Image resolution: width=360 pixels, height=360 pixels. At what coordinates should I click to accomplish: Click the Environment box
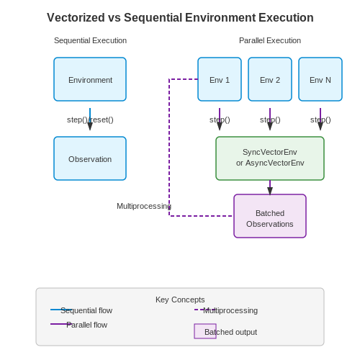(x=90, y=79)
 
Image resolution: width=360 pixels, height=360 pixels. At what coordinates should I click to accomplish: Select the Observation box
(x=90, y=158)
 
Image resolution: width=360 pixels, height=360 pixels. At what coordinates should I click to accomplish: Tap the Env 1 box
(x=220, y=79)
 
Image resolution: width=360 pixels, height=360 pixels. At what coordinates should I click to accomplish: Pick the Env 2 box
(x=270, y=79)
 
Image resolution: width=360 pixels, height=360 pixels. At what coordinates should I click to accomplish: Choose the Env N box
(x=320, y=79)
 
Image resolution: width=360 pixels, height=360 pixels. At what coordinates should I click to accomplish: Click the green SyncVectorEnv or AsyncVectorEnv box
(x=270, y=158)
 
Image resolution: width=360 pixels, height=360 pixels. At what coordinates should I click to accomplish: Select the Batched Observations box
(x=270, y=216)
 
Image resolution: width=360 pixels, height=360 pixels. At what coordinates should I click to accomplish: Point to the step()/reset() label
(x=90, y=120)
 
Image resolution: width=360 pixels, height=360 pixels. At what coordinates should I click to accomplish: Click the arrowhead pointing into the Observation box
(x=90, y=126)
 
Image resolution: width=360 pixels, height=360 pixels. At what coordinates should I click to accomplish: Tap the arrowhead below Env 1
(x=220, y=126)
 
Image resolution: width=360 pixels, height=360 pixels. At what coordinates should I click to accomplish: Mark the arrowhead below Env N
(x=320, y=126)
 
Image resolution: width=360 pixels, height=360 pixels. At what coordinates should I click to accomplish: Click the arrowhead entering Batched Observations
(x=270, y=191)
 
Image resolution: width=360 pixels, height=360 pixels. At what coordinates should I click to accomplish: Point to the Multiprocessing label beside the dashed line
(x=144, y=206)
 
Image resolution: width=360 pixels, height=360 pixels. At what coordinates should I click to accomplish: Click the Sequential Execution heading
(x=90, y=40)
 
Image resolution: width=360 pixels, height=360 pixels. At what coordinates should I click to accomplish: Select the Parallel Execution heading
(x=270, y=40)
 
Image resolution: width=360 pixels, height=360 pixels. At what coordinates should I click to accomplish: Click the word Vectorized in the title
(x=76, y=17)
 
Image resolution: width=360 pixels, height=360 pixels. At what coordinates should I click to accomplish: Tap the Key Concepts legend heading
(x=180, y=300)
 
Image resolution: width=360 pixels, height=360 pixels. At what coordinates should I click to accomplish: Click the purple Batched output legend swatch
(x=205, y=331)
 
